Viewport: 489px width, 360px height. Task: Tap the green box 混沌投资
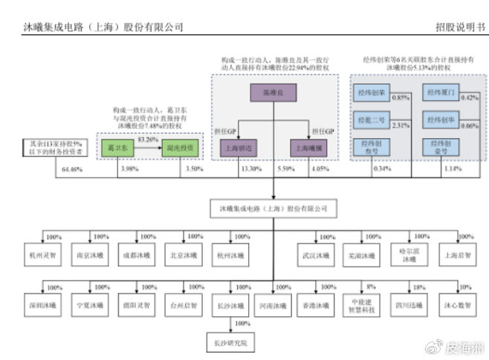181,147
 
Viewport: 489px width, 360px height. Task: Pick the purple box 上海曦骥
309,147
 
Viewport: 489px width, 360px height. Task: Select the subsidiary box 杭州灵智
42,255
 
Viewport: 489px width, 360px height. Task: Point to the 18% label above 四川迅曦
418,287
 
